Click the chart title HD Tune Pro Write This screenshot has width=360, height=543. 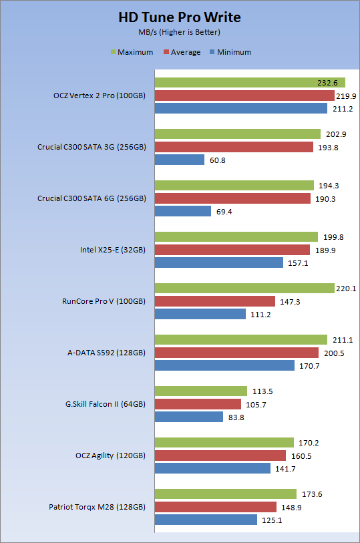(179, 17)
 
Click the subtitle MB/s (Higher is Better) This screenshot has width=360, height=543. (179, 32)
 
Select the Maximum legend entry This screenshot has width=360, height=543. (132, 52)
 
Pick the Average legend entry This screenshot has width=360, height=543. (182, 52)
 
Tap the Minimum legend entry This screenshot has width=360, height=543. (230, 52)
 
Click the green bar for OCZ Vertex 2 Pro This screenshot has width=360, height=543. (250, 82)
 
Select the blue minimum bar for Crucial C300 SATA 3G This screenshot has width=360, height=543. (180, 160)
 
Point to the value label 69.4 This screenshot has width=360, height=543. (224, 212)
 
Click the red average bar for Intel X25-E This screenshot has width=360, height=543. (232, 250)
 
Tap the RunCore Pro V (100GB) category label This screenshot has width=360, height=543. (104, 301)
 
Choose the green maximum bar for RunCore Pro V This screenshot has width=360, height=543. (244, 288)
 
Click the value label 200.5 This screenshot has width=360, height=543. (334, 353)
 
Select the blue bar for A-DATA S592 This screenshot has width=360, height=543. (224, 365)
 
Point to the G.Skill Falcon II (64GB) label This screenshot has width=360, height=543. (106, 404)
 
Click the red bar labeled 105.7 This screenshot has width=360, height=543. (198, 404)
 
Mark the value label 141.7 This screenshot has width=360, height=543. (286, 469)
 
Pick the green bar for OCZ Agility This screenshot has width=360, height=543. (224, 442)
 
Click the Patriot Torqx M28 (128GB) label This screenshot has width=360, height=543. (98, 507)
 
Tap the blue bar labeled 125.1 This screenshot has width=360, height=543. (206, 520)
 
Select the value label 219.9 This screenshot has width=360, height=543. (346, 96)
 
